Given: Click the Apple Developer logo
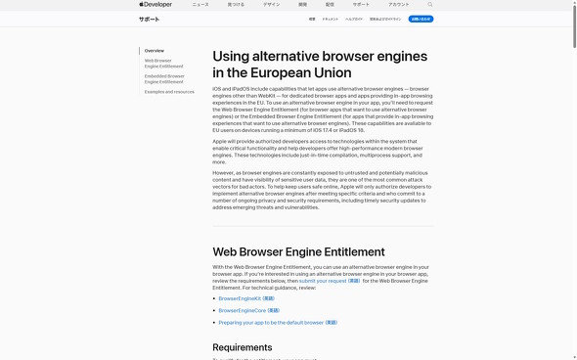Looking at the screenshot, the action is pos(155,5).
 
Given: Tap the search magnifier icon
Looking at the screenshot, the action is pos(429,5).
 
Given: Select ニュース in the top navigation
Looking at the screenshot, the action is pos(200,5).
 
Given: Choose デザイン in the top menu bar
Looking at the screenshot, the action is pos(271,5).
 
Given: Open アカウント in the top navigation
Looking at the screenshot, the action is pos(398,5).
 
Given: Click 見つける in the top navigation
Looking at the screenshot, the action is pos(236,5).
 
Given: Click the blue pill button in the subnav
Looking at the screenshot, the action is pos(421,19).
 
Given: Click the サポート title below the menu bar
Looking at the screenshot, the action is pos(149,19).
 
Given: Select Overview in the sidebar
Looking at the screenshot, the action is pos(155,51).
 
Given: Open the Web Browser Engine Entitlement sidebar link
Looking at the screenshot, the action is pos(163,64).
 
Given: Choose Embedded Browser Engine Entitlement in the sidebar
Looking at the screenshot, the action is pos(164,78).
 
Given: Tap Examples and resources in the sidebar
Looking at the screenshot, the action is pos(169,92).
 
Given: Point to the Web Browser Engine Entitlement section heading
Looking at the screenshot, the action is pos(298,251).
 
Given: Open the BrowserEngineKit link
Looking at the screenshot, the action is pos(246,298).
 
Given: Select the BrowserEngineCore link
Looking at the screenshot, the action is pos(248,310).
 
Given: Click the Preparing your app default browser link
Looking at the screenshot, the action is pos(278,322).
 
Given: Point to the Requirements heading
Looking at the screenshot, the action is pos(243,347).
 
